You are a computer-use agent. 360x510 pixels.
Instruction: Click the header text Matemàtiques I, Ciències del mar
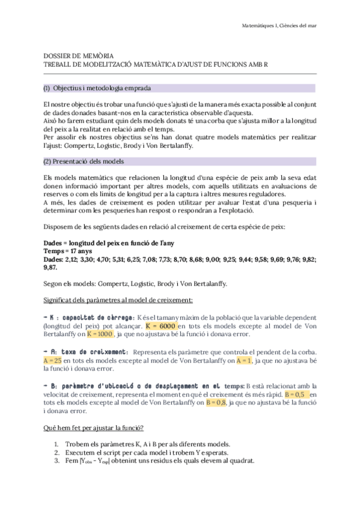pos(279,25)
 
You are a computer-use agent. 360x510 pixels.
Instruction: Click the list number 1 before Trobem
pos(57,444)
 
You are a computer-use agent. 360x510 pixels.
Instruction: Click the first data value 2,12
pos(75,259)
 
